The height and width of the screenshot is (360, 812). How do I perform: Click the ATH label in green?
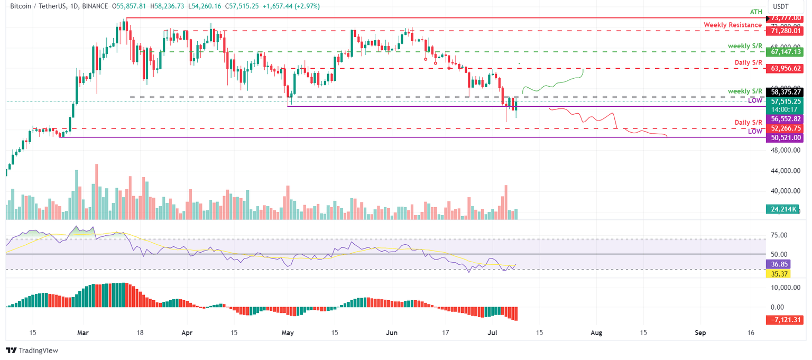[755, 11]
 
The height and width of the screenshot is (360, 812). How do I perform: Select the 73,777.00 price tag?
[784, 18]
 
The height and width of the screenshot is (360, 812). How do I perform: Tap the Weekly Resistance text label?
[733, 25]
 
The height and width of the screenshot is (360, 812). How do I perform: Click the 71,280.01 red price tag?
[784, 31]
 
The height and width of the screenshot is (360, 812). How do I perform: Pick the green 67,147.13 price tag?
[784, 52]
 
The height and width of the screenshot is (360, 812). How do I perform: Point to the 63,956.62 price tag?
[784, 68]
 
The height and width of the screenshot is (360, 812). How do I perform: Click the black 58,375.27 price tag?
[784, 92]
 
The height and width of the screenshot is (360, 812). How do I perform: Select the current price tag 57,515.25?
[784, 101]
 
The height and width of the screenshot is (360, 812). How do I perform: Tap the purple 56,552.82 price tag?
[784, 119]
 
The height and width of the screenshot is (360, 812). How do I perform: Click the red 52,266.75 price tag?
[784, 128]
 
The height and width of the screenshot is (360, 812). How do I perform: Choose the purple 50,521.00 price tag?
[784, 137]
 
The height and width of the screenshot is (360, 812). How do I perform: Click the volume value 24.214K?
[784, 209]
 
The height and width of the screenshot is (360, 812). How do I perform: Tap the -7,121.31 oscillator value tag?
[784, 320]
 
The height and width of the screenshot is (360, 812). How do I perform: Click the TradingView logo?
[32, 350]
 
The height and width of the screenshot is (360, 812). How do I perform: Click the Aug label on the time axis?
[596, 333]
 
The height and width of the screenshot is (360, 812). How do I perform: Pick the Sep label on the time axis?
[700, 333]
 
